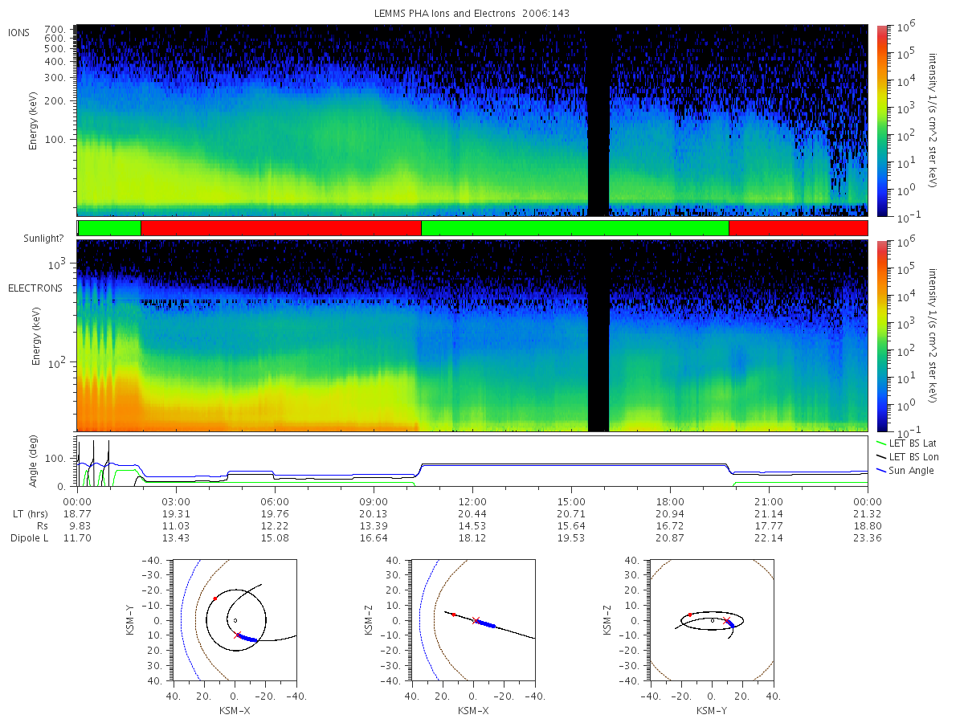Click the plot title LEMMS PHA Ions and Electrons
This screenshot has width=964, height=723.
coord(444,14)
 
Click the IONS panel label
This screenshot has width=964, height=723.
coord(18,33)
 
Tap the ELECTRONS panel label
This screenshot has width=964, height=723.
coord(35,288)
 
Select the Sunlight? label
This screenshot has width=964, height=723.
coord(43,239)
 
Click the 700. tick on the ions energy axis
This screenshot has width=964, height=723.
coord(55,30)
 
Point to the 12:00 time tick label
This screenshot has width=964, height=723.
coord(472,502)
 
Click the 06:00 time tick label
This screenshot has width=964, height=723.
coord(275,502)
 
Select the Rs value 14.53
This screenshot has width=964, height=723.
coord(472,526)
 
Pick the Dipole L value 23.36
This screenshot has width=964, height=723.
coord(868,537)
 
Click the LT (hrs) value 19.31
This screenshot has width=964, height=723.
coord(176,513)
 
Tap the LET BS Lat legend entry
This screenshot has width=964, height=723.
coord(906,443)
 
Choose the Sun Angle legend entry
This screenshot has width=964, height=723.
coord(905,471)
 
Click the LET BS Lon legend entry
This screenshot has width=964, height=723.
coord(908,457)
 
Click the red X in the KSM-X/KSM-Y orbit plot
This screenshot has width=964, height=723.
coord(238,635)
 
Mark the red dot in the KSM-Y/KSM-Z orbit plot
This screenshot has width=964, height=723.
coord(690,615)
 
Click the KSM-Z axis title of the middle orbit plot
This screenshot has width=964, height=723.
coord(369,620)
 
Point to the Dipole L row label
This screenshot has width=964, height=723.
coord(30,537)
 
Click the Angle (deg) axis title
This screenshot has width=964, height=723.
coord(33,461)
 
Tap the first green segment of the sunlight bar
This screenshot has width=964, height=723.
coord(110,228)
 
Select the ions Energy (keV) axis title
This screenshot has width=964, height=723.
coord(33,120)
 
